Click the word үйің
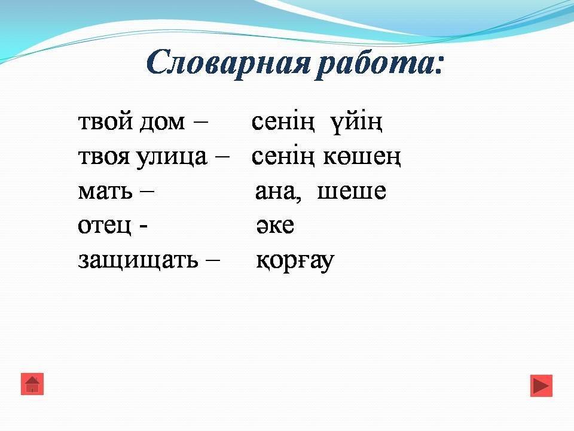click(356, 122)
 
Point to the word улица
click(172, 157)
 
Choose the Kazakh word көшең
click(362, 157)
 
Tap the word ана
click(278, 192)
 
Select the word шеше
click(352, 192)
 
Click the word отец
click(104, 226)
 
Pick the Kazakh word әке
click(275, 226)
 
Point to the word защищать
click(138, 260)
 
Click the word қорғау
click(295, 262)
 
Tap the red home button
click(32, 384)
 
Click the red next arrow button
click(542, 386)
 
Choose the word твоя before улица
click(104, 157)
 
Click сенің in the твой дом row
click(283, 122)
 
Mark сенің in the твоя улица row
click(283, 157)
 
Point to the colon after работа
click(438, 65)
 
